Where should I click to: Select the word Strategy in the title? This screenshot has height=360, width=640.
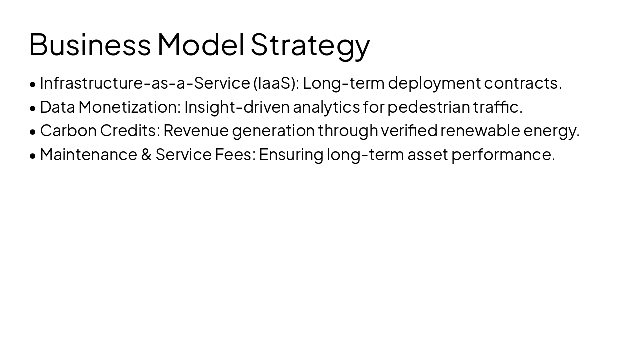click(310, 45)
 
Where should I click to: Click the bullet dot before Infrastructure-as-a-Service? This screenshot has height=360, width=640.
click(33, 84)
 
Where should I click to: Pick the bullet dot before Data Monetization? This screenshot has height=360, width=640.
click(33, 108)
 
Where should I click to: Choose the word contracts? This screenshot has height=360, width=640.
click(522, 83)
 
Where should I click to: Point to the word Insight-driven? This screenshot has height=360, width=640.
click(237, 107)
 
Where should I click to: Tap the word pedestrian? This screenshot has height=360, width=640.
click(429, 107)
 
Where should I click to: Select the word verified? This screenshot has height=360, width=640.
click(409, 130)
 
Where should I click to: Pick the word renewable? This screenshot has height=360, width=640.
click(480, 130)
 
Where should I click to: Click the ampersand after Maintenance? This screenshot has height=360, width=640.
click(146, 155)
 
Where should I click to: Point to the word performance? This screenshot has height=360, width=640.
click(503, 155)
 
